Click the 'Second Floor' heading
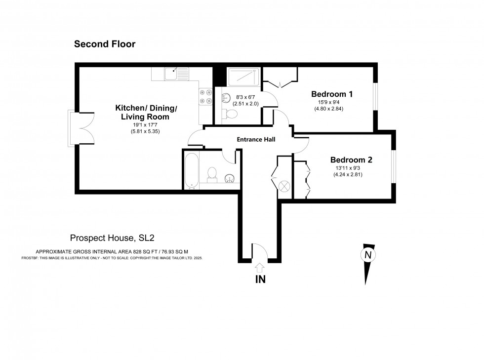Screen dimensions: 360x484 click(x=104, y=44)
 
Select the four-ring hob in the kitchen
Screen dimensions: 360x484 click(x=205, y=96)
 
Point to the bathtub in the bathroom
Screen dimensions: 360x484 click(x=192, y=170)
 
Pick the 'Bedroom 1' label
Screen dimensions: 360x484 click(x=331, y=94)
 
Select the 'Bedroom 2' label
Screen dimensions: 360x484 click(x=351, y=160)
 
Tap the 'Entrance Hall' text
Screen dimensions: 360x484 click(x=256, y=140)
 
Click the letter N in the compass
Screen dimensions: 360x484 click(x=367, y=255)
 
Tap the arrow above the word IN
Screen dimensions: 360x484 click(x=260, y=267)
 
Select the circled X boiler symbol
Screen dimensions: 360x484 click(x=284, y=186)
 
